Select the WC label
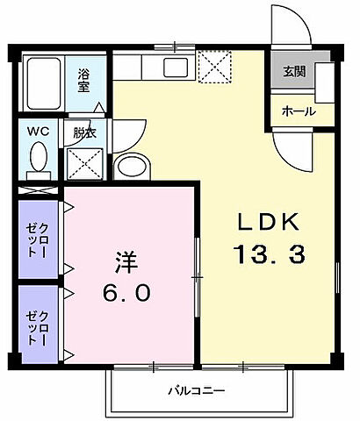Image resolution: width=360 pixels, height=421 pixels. (38, 132)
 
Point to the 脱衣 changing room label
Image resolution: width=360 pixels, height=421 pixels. (84, 133)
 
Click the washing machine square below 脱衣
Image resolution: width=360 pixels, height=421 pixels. (83, 163)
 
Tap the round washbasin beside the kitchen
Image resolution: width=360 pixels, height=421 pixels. (133, 166)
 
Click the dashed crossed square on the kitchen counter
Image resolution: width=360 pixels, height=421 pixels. (213, 65)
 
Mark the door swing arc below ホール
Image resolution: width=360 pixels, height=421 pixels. (290, 145)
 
